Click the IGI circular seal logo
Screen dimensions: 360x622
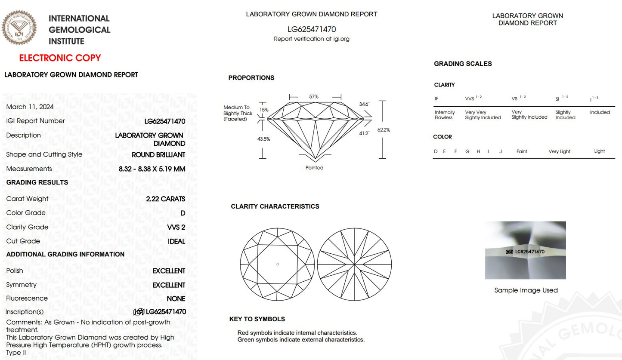(x=19, y=28)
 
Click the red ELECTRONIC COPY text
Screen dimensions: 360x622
(x=60, y=58)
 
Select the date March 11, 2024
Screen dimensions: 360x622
(x=30, y=107)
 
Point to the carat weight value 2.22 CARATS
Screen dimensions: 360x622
(x=165, y=199)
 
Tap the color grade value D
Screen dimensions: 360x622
(x=183, y=213)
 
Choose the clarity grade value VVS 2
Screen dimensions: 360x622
(x=176, y=227)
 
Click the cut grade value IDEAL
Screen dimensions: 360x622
(x=176, y=241)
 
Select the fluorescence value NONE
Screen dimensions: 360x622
(x=176, y=298)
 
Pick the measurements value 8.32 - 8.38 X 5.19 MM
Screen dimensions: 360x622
(x=152, y=169)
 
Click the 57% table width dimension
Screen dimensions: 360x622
(x=314, y=97)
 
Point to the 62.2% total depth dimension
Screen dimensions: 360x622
(x=384, y=129)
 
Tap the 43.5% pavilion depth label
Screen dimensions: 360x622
(x=264, y=139)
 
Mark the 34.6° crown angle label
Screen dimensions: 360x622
(x=364, y=104)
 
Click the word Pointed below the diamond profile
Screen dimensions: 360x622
(x=314, y=168)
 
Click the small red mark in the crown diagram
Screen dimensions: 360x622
(x=278, y=264)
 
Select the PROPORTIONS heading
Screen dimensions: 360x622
(x=251, y=78)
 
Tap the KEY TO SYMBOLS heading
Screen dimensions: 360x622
(x=257, y=319)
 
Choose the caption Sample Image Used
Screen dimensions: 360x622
(x=526, y=290)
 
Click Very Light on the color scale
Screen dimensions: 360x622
(x=559, y=151)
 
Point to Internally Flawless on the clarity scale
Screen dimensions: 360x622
(x=445, y=115)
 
